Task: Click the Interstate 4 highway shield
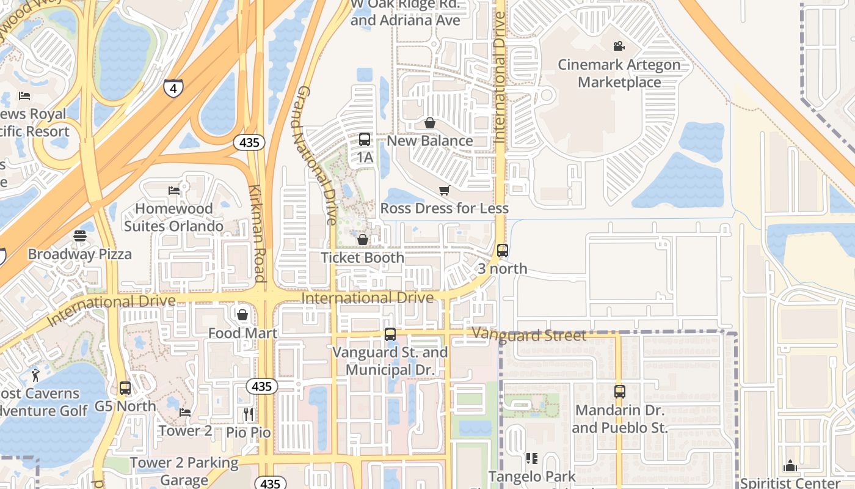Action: pyautogui.click(x=173, y=89)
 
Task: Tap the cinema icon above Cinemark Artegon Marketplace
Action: pyautogui.click(x=619, y=46)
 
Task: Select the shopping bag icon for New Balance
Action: pyautogui.click(x=430, y=123)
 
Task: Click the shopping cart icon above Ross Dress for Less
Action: pyautogui.click(x=444, y=191)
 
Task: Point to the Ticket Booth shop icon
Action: pyautogui.click(x=363, y=240)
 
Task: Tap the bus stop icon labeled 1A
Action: pyautogui.click(x=365, y=139)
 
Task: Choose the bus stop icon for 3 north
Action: pyautogui.click(x=503, y=251)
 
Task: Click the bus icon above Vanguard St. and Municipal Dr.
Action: pyautogui.click(x=390, y=334)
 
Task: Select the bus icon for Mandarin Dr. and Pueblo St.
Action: pyautogui.click(x=620, y=392)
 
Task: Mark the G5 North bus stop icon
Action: pyautogui.click(x=125, y=388)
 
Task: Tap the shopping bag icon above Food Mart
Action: pyautogui.click(x=242, y=315)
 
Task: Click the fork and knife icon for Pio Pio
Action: pyautogui.click(x=248, y=414)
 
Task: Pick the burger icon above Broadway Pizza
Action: pyautogui.click(x=80, y=236)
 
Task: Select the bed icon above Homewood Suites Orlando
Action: pyautogui.click(x=174, y=190)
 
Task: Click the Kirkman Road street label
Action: pyautogui.click(x=258, y=233)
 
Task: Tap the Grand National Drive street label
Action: pyautogui.click(x=316, y=156)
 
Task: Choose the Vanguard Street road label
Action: pyautogui.click(x=529, y=335)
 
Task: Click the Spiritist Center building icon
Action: pyautogui.click(x=791, y=466)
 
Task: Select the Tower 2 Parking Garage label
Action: pyautogui.click(x=184, y=471)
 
